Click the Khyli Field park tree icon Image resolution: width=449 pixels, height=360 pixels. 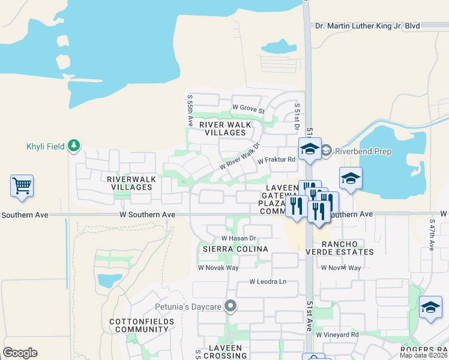tap(74, 146)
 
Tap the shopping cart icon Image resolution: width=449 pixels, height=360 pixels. tap(22, 186)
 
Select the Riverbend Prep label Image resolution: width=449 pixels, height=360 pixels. tap(363, 152)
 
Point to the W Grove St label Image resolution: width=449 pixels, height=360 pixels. tap(249, 109)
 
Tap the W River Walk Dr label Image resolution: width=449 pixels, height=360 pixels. tap(240, 156)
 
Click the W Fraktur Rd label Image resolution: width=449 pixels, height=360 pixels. tap(277, 160)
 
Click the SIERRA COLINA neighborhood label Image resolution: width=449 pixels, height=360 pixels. tap(234, 248)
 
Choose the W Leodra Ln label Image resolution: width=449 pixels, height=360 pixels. tap(268, 281)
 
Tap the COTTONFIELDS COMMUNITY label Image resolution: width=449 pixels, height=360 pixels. tap(142, 326)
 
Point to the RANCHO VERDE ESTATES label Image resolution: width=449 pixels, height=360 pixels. tap(348, 248)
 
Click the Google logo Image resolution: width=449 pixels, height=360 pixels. tap(20, 353)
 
